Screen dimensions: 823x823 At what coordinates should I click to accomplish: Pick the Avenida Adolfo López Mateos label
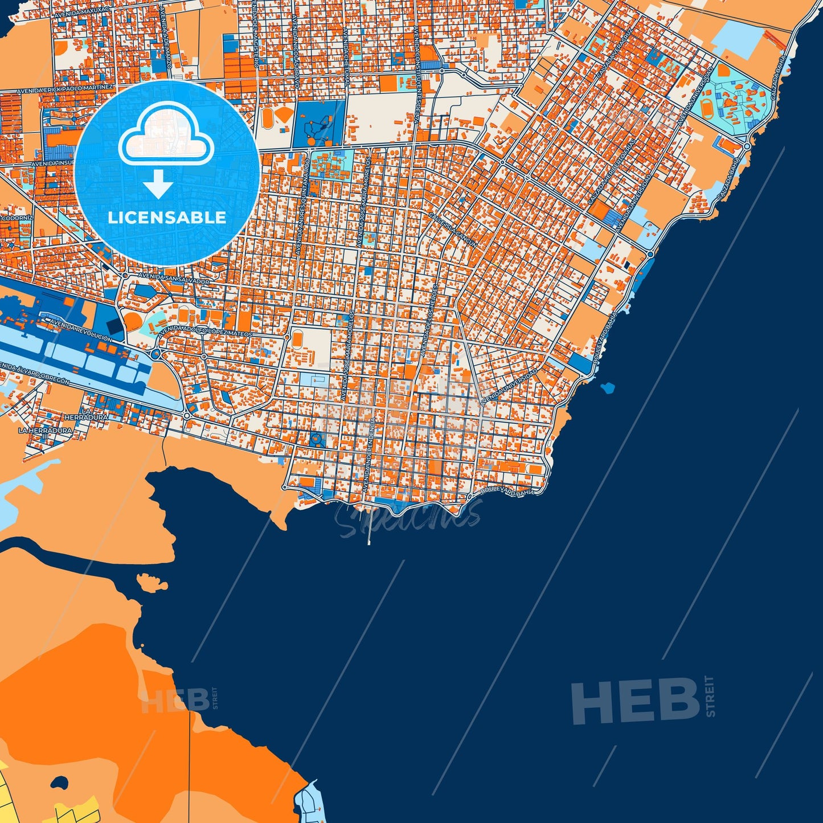[206, 331]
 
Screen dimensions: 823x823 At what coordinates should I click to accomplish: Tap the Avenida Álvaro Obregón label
[34, 373]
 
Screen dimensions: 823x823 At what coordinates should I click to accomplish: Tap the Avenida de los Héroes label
[431, 319]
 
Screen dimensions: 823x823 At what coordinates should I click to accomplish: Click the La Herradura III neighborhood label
[46, 431]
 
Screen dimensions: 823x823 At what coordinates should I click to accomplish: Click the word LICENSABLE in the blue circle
[167, 217]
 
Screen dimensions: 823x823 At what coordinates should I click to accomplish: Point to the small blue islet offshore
[607, 388]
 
